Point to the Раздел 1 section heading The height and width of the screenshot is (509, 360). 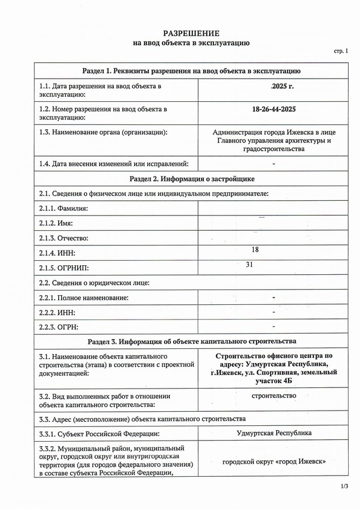191,71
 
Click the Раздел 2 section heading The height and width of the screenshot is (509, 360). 191,179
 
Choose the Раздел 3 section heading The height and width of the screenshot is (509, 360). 191,342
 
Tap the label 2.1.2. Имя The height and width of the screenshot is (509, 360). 56,223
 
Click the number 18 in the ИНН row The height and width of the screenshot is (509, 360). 254,249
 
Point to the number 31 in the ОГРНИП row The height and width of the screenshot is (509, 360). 249,264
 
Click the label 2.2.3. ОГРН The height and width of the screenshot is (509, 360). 59,327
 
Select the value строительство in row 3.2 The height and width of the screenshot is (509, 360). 273,395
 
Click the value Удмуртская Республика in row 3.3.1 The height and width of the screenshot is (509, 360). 273,433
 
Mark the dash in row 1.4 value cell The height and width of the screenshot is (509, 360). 273,163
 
